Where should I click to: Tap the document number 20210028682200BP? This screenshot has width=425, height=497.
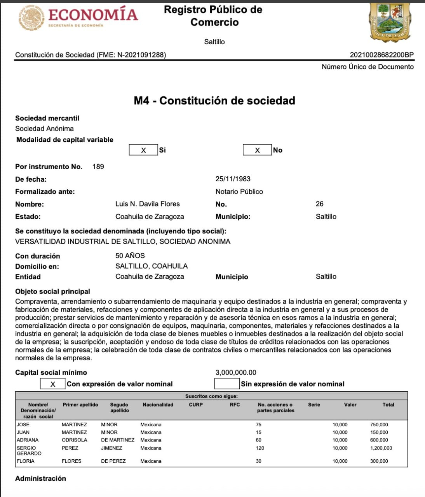pos(381,55)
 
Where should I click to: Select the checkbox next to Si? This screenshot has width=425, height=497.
pos(143,150)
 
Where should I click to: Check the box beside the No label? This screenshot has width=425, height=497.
pos(257,150)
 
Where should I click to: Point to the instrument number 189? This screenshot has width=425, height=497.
pos(98,167)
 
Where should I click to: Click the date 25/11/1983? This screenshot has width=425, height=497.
pos(233,179)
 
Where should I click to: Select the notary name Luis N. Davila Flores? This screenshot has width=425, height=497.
pos(148,204)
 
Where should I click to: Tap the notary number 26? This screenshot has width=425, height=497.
pos(320,204)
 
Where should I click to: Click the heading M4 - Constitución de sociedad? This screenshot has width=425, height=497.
pos(214,101)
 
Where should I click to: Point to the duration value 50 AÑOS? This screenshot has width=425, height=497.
pos(130,255)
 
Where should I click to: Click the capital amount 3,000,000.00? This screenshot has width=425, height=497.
pos(236,372)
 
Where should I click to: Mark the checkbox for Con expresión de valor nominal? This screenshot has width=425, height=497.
pos(53,384)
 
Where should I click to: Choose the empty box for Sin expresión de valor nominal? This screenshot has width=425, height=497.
pos(227,384)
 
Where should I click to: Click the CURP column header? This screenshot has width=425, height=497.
pos(196,405)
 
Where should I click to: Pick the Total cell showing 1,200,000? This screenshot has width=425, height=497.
pos(381,448)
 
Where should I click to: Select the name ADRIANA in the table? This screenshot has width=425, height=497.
pos(28,440)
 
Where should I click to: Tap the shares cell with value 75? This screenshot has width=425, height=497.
pos(259,425)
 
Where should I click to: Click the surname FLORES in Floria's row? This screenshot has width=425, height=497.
pos(71,461)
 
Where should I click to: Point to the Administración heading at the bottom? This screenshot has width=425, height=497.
pos(40,478)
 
